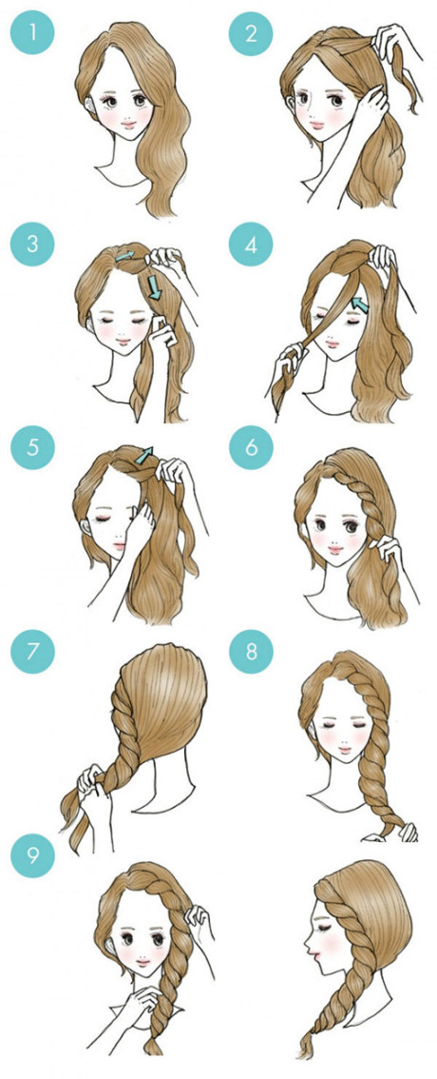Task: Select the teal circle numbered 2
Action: coord(251,35)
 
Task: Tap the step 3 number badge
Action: coord(31,244)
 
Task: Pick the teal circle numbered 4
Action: coord(251,244)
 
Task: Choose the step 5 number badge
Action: coord(31,447)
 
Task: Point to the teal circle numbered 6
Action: coord(251,447)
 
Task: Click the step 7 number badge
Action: coord(31,654)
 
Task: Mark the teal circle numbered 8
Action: coord(251,654)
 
